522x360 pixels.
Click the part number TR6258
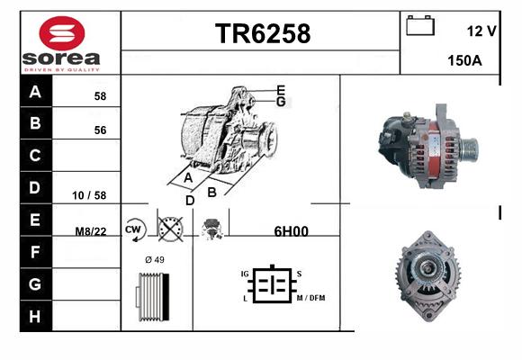click(x=263, y=33)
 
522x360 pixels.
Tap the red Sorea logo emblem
click(x=62, y=33)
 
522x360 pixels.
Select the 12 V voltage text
click(x=481, y=31)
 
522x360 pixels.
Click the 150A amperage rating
click(x=464, y=60)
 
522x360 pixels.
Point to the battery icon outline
click(x=420, y=25)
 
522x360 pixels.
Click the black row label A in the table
click(x=35, y=91)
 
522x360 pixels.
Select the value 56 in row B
click(x=100, y=130)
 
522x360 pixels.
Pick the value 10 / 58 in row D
click(x=89, y=195)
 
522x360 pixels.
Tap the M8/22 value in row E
click(x=91, y=230)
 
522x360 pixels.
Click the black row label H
click(x=35, y=317)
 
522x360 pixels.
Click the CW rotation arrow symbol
click(x=135, y=229)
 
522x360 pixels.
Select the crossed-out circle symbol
click(x=170, y=229)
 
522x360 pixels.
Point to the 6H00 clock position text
click(x=292, y=231)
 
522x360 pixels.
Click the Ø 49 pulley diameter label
click(x=155, y=259)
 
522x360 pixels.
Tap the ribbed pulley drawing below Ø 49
click(x=153, y=297)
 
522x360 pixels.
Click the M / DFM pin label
click(x=310, y=298)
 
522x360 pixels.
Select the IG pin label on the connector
click(x=245, y=274)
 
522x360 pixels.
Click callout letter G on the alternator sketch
click(x=281, y=102)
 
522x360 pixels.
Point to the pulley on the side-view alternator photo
click(x=469, y=148)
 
